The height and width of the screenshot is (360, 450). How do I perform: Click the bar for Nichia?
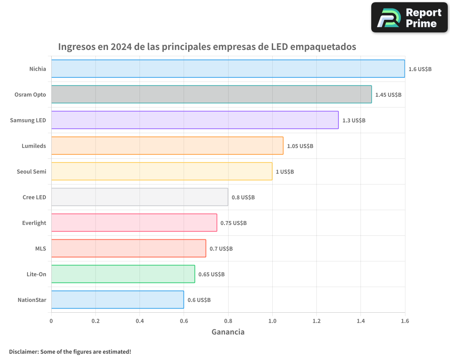click(228, 69)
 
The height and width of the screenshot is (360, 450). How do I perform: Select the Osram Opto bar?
click(211, 94)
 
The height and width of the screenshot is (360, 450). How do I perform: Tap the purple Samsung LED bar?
click(195, 120)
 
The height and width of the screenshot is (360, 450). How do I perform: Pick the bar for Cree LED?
click(139, 197)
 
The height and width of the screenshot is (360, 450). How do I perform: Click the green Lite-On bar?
click(123, 274)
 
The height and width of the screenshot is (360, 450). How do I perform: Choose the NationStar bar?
click(117, 300)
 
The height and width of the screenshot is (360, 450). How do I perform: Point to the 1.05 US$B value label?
click(300, 146)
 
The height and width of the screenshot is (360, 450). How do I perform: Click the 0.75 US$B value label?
click(234, 223)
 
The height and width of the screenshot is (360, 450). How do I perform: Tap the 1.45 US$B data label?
click(388, 95)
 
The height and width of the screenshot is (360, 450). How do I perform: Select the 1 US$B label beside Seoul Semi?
click(285, 172)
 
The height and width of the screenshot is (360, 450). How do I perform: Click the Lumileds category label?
click(34, 146)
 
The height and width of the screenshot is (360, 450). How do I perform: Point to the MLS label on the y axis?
click(40, 248)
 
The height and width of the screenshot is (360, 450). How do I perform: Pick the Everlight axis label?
click(34, 223)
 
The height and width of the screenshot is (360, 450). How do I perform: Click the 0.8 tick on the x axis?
click(228, 321)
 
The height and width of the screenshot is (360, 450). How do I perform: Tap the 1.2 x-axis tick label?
click(316, 321)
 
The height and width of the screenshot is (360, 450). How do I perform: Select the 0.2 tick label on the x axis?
click(95, 321)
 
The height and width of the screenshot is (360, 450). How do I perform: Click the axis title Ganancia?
click(228, 332)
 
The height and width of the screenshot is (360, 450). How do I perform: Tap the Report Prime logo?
click(409, 18)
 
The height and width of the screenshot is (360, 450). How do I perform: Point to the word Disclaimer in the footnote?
click(23, 351)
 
